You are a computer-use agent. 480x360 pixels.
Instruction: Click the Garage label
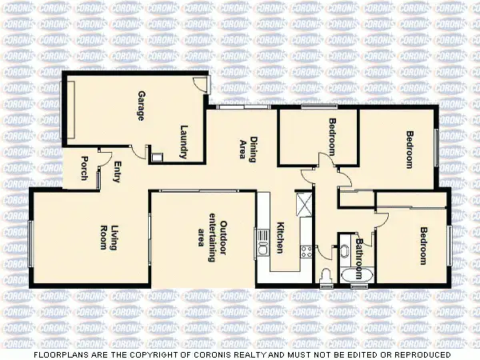[141, 106]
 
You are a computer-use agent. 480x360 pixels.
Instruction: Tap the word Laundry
[183, 142]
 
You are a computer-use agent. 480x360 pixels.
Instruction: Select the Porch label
[85, 167]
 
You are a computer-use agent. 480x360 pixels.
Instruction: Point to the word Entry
[117, 171]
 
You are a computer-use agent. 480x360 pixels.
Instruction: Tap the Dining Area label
[248, 150]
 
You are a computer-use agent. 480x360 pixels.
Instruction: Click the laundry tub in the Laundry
[158, 158]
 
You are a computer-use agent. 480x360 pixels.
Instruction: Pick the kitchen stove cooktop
[304, 251]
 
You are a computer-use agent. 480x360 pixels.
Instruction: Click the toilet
[325, 277]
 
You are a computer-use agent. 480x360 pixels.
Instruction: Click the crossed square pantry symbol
[303, 204]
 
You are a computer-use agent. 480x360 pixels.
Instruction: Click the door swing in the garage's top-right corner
[202, 84]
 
